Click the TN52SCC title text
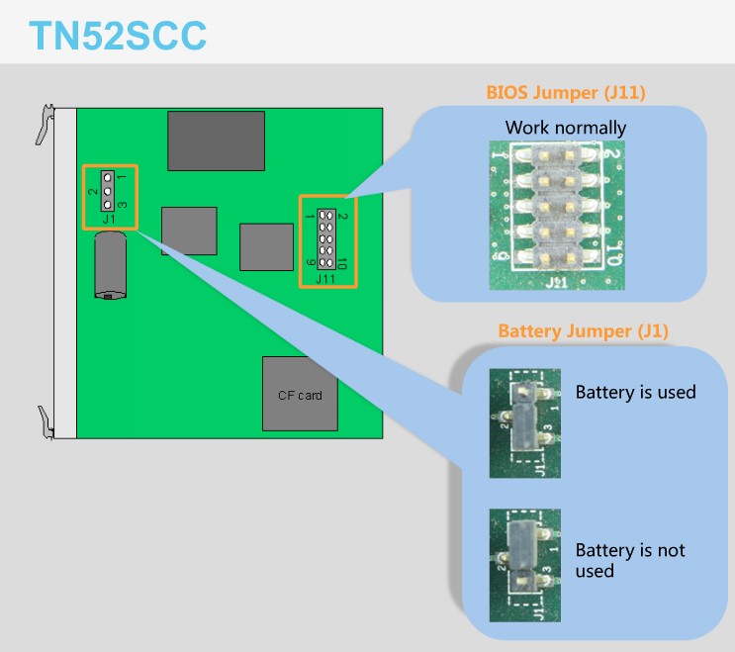coord(118,36)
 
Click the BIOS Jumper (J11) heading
coord(566,93)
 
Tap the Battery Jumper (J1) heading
coord(583,330)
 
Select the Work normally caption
coord(565,128)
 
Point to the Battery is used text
coord(635,392)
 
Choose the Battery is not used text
coord(629,560)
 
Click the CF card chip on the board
coord(299,395)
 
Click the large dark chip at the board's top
coord(216,140)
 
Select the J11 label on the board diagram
coord(325,279)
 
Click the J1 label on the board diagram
coord(108,218)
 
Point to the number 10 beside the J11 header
coord(341,263)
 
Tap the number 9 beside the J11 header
coord(311,263)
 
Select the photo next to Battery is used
coord(524,423)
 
